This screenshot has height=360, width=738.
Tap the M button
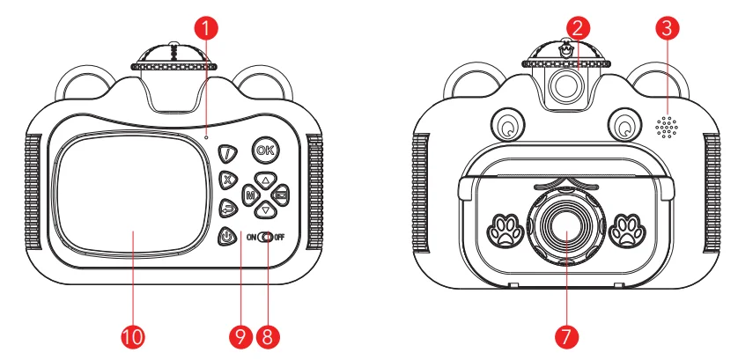click(x=250, y=195)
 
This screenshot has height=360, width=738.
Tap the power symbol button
click(x=228, y=235)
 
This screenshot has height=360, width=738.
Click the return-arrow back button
click(x=228, y=208)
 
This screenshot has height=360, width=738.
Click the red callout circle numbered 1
click(x=205, y=28)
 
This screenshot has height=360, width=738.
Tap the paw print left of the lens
click(x=502, y=229)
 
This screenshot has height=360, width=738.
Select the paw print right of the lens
click(x=627, y=229)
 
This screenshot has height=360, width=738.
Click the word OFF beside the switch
click(x=280, y=237)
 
